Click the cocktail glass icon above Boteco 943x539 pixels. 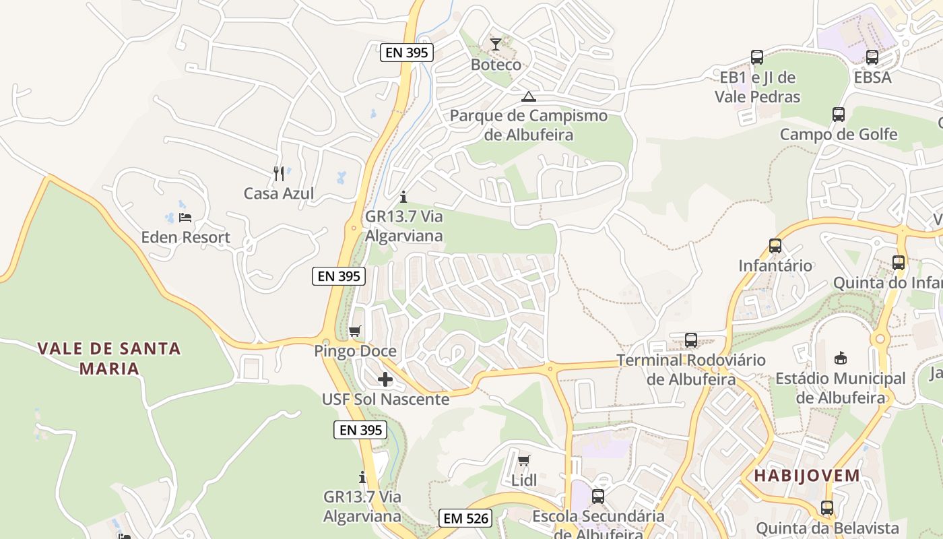tap(496, 44)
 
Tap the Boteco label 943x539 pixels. tap(496, 65)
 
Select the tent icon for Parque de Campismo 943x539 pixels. tap(529, 96)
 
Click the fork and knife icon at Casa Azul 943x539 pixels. tap(279, 174)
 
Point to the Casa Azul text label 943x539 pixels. tap(279, 194)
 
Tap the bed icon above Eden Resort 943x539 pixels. tap(185, 218)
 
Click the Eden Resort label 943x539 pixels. tap(185, 237)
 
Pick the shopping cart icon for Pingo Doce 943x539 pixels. tap(355, 331)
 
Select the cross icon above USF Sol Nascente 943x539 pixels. tap(385, 379)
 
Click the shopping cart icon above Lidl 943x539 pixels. tap(524, 461)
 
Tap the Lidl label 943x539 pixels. tap(524, 480)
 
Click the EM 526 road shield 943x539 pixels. tap(465, 518)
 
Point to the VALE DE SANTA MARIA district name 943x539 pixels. tap(109, 358)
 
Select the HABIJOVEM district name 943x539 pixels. tap(807, 476)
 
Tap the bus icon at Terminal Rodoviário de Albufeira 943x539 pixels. tap(691, 340)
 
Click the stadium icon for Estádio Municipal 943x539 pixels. tap(840, 358)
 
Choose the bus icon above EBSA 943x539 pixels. tap(872, 58)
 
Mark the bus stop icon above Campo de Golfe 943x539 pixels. tap(839, 115)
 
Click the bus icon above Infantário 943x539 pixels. tap(775, 246)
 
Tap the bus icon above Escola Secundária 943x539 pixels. tap(598, 497)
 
